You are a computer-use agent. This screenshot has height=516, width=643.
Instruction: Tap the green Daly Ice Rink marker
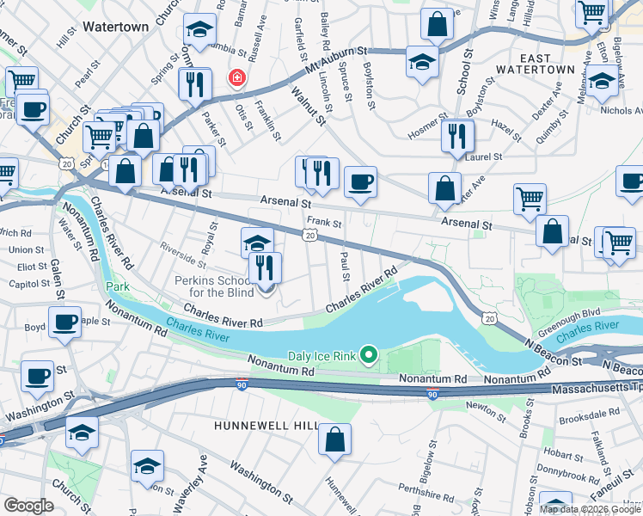tap(370, 354)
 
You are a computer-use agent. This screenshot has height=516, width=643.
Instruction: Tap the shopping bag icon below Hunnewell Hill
tap(334, 439)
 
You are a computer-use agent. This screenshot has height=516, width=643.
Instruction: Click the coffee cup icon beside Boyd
tap(64, 322)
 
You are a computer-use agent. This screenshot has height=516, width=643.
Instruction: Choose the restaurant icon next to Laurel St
tap(457, 135)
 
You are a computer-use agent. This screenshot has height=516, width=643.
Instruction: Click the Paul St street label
tap(345, 265)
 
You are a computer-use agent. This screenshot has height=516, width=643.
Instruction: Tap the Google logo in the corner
tap(28, 506)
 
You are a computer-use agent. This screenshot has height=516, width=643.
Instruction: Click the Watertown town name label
tap(115, 27)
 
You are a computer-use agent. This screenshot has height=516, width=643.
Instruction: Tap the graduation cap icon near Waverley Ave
tap(147, 466)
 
